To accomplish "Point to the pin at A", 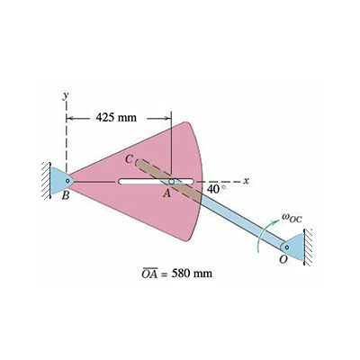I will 172,181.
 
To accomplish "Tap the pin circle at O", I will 287,245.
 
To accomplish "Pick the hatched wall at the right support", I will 308,245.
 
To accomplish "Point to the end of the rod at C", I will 139,162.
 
